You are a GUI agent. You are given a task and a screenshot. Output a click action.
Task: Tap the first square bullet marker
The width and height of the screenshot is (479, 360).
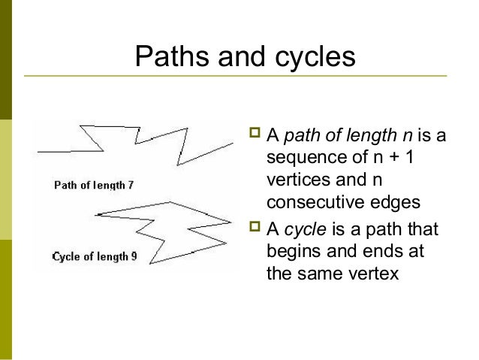252,136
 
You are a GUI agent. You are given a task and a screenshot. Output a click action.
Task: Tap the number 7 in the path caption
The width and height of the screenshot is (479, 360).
131,186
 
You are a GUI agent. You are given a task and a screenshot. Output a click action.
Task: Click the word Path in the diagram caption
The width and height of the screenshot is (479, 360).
66,186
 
